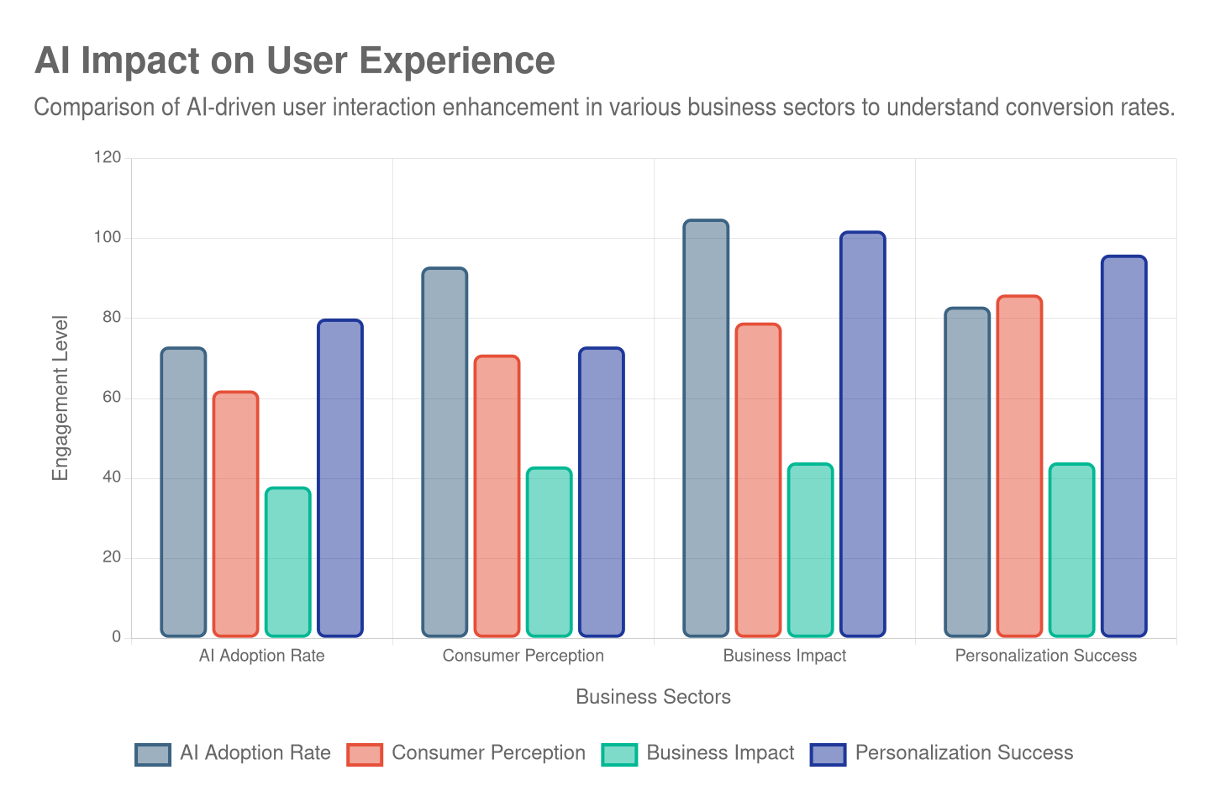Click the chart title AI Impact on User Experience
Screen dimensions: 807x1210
pos(294,61)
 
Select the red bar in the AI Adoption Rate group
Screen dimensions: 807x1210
pos(235,514)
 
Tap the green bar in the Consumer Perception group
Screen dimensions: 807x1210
pos(549,551)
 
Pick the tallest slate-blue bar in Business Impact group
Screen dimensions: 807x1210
pos(706,428)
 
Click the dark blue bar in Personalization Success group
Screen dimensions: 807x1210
pos(1123,446)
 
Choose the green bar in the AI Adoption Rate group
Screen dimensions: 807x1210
pos(287,562)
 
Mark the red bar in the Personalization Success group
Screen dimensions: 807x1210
pos(1019,466)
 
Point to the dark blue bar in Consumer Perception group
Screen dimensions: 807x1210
pos(601,492)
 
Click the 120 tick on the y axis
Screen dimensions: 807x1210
pos(108,157)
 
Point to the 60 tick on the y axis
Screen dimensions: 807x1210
pos(112,397)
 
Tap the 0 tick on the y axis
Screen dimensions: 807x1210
pos(117,636)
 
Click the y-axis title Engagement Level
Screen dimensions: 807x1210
pos(60,398)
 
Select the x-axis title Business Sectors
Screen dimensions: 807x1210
pos(653,697)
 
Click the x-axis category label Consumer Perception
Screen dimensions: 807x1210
pos(523,656)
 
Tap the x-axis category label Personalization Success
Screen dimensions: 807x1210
pos(1045,656)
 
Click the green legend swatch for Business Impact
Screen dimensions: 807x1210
pos(619,754)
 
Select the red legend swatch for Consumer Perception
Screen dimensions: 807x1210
pos(365,754)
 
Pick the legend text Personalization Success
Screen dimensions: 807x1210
pos(964,753)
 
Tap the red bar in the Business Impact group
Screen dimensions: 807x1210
pos(758,480)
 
